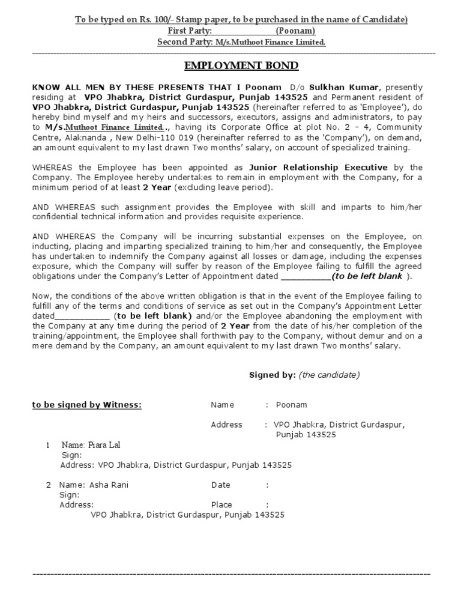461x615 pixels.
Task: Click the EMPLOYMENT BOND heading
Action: (240, 65)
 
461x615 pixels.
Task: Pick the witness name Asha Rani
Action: (108, 485)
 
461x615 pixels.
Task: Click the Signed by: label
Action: (273, 375)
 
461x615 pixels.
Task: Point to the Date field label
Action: (220, 485)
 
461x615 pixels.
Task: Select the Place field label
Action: (221, 505)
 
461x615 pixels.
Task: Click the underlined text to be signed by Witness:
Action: (86, 405)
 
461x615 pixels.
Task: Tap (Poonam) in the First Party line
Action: (295, 31)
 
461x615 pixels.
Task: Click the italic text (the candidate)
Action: (329, 375)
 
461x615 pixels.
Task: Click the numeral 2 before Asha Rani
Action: (49, 485)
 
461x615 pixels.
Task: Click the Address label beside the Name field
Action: (226, 425)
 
